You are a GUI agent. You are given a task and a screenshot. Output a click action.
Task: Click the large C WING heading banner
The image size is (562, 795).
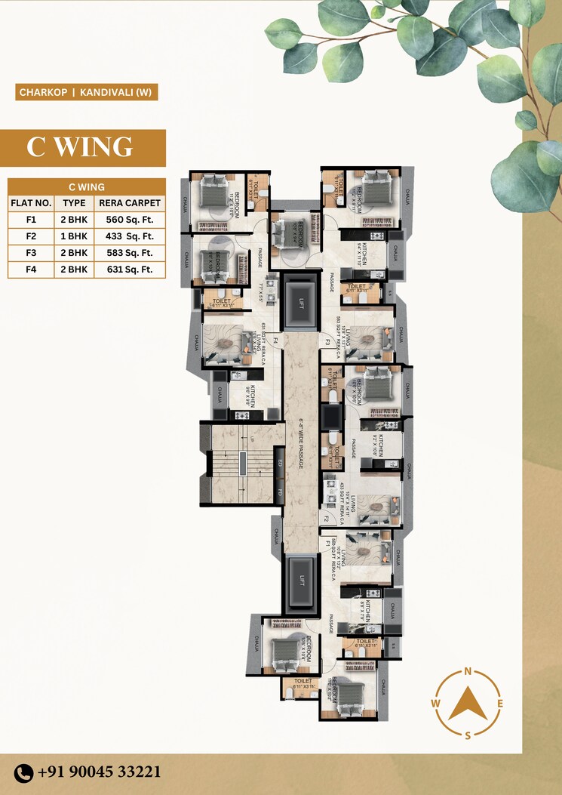click(x=83, y=147)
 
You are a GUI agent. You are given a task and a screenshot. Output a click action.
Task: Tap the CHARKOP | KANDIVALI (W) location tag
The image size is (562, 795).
click(x=86, y=94)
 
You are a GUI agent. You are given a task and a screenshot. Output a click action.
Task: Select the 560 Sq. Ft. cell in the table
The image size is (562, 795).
click(x=130, y=220)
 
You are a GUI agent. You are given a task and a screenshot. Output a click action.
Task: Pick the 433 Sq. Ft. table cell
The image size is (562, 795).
click(x=130, y=236)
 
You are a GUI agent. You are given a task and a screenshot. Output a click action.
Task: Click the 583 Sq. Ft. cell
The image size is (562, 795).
click(x=130, y=253)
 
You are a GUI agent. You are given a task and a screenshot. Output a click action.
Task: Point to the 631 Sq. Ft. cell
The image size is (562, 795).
click(x=130, y=270)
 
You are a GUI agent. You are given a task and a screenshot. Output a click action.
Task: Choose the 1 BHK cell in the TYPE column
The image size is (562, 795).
click(x=74, y=236)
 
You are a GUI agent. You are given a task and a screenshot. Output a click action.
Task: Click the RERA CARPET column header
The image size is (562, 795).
click(x=130, y=203)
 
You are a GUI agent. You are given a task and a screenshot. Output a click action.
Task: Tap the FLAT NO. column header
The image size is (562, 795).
click(x=31, y=203)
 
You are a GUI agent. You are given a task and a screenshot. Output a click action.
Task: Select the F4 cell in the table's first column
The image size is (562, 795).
click(x=31, y=270)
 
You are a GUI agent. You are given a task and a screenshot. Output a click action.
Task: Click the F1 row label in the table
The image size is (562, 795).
click(x=31, y=220)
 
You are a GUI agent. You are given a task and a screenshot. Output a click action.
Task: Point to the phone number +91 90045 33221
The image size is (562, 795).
click(x=99, y=772)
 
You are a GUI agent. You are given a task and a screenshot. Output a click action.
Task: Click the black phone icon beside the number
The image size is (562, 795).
click(x=24, y=772)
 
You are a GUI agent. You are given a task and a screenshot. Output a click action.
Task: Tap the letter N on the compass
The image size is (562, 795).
click(x=468, y=671)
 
